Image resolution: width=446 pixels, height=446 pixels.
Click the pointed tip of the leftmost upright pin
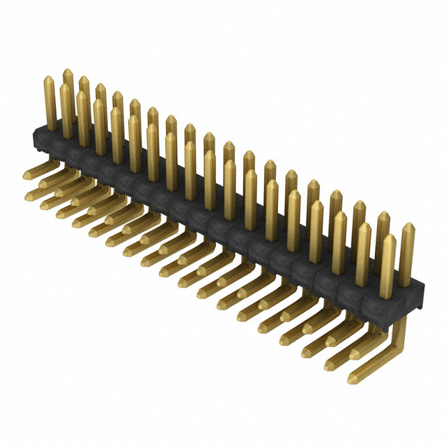[49, 79]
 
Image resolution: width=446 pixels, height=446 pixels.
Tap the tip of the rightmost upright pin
[408, 226]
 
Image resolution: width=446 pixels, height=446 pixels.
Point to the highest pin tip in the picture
[68, 72]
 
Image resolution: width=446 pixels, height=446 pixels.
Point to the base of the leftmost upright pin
[51, 125]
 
